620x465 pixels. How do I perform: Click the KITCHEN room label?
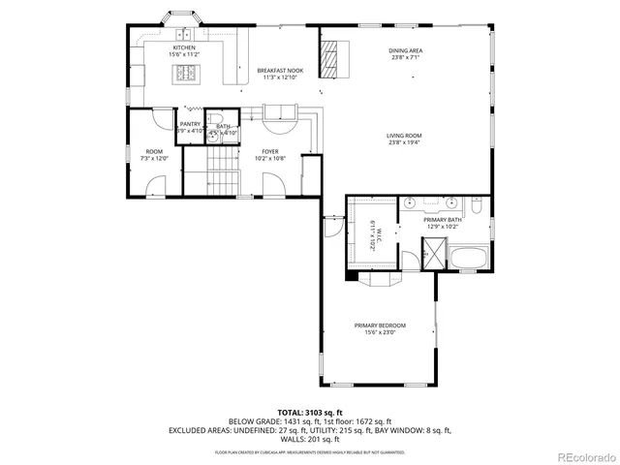pos(184,50)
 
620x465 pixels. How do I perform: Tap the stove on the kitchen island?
pos(185,74)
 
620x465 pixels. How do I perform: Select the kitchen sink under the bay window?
pos(180,33)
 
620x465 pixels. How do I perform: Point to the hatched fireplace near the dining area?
pos(332,58)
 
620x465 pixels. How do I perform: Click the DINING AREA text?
pos(406,53)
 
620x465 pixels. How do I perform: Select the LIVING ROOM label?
pos(406,138)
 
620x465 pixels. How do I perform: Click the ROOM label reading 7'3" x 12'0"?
pos(154,154)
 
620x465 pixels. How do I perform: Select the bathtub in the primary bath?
pos(471,259)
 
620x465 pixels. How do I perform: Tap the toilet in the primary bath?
pos(478,205)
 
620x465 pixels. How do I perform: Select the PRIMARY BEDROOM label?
pos(379,328)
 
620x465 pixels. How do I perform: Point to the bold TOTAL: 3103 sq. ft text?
pos(310,413)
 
